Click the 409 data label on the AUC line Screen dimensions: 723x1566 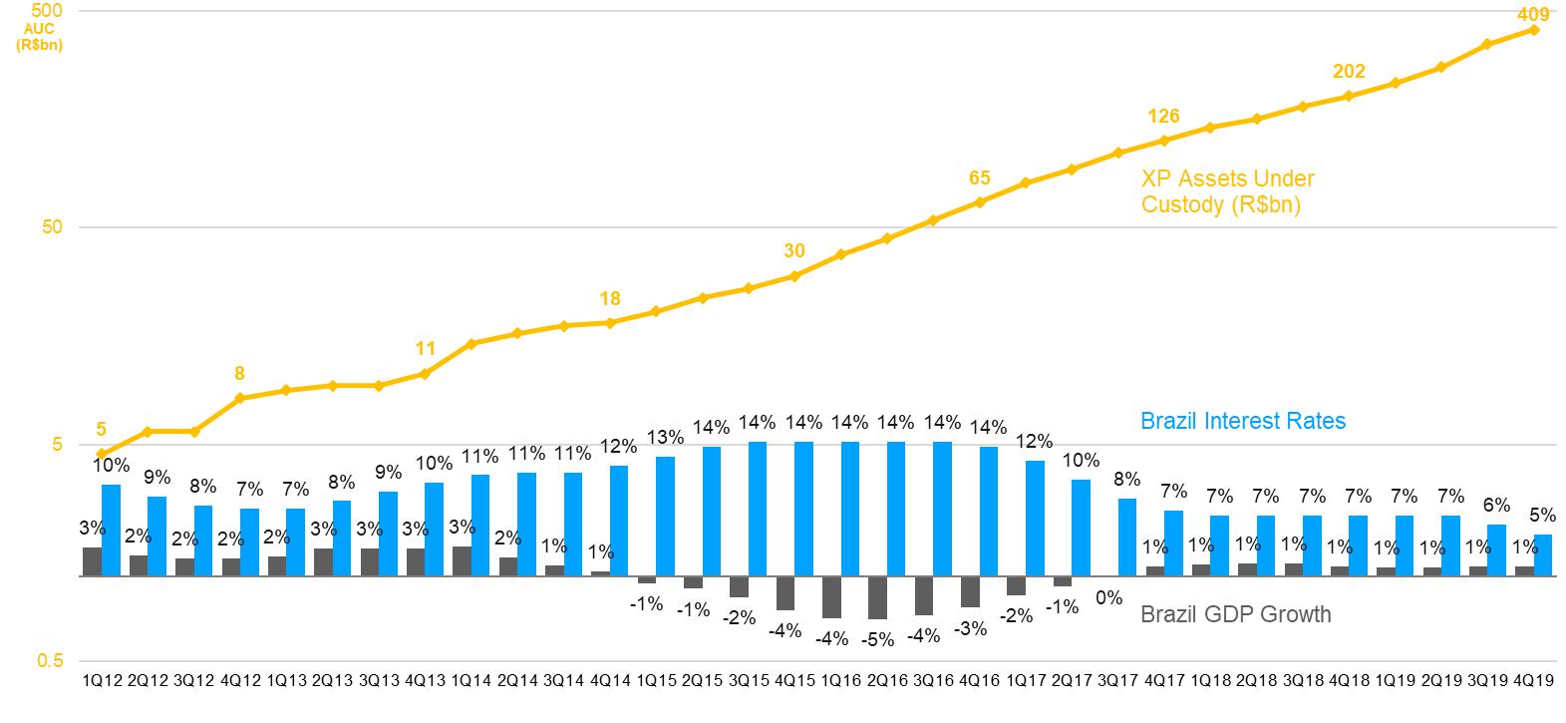coord(1533,14)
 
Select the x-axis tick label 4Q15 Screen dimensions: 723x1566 coord(794,681)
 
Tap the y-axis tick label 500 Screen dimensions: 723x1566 coord(49,11)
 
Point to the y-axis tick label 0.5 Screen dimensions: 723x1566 coord(49,661)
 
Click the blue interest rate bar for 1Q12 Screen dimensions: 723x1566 coord(111,531)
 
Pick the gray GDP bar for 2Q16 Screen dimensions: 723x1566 coord(877,597)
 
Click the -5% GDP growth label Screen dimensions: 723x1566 coord(877,639)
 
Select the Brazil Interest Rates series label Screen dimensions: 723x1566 coord(1242,421)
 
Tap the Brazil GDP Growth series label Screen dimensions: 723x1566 coord(1235,613)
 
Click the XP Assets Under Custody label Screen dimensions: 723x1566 coord(1227,191)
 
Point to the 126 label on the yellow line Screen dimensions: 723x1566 coord(1163,117)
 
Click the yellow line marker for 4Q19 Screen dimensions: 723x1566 coord(1534,30)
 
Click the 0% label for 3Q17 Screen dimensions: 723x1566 coord(1108,597)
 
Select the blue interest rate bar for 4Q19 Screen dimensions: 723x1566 coord(1543,555)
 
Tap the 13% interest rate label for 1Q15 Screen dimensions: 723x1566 coord(665,437)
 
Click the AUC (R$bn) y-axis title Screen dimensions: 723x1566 coord(40,37)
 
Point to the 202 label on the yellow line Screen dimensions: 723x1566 coord(1349,72)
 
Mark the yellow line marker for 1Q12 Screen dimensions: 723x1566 coord(102,454)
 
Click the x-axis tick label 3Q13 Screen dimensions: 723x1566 coord(379,681)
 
